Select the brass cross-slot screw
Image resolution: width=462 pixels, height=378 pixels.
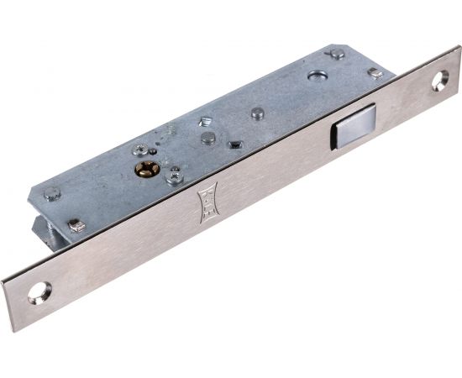(x=146, y=171)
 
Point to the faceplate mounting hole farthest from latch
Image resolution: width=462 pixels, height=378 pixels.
(x=39, y=294)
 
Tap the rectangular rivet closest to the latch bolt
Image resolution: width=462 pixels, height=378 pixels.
(x=375, y=74)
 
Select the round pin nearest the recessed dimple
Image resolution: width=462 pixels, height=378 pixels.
(x=259, y=113)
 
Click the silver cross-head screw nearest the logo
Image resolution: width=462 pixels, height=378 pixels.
(x=175, y=177)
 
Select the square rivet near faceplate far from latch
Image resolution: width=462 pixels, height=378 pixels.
(x=76, y=224)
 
